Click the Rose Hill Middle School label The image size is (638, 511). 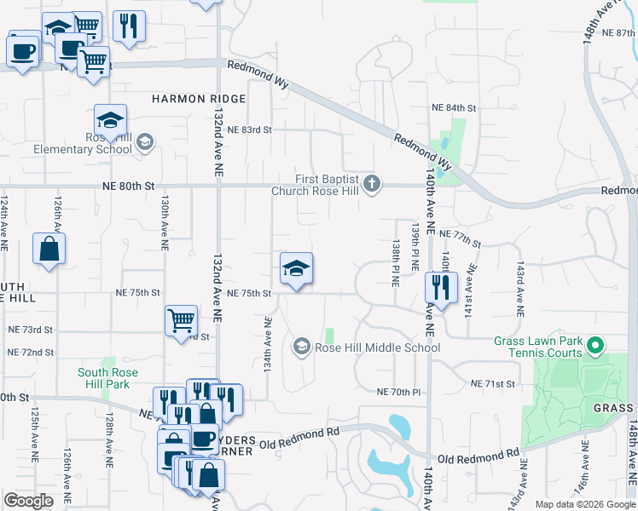tap(378, 347)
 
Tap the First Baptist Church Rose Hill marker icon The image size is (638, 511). tap(371, 182)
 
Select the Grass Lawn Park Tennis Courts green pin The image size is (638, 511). tap(595, 346)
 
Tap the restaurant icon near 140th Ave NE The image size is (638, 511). tap(441, 287)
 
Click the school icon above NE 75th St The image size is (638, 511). tap(296, 269)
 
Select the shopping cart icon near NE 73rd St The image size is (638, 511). tap(181, 321)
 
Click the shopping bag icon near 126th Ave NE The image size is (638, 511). tap(49, 250)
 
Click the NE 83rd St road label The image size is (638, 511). tap(250, 129)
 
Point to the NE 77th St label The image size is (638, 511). tap(461, 233)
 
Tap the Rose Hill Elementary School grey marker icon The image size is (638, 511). tap(144, 141)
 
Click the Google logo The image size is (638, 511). tap(28, 501)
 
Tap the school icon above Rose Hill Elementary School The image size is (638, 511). tap(110, 120)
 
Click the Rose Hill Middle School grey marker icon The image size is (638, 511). tap(301, 347)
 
